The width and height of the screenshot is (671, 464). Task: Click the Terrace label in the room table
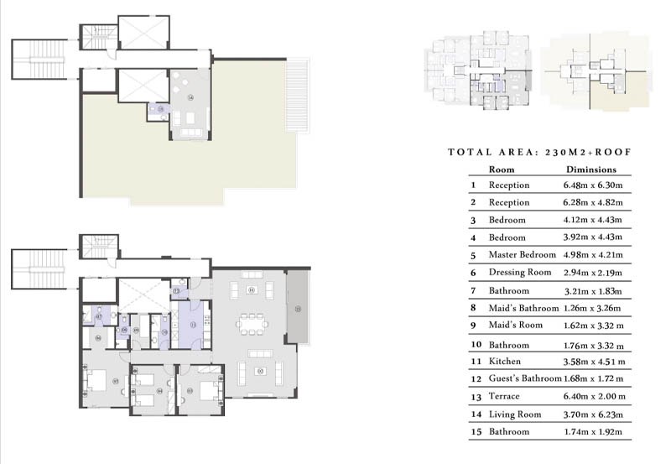tap(505, 396)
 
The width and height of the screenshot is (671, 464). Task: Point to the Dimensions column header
tap(591, 169)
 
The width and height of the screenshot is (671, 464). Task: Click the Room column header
tap(501, 169)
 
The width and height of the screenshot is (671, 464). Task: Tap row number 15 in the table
tap(473, 431)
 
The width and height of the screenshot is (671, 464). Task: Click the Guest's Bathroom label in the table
tap(525, 378)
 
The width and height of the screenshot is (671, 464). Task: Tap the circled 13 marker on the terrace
tap(298, 309)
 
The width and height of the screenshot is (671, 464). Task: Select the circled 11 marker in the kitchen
tap(193, 324)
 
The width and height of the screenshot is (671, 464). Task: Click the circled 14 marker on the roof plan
tap(190, 98)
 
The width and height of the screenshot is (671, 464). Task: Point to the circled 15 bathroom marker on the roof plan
tap(160, 109)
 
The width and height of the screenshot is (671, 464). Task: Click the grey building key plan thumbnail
tap(476, 70)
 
